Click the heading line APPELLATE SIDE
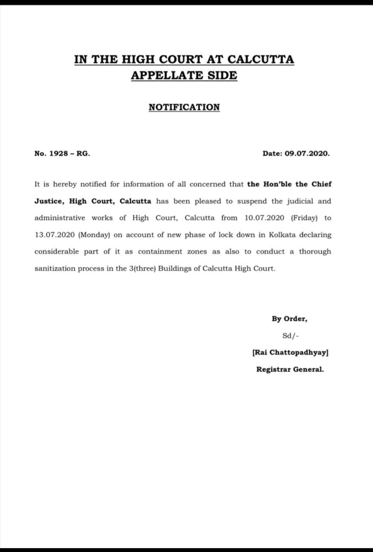coord(184,75)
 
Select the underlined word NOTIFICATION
coord(184,107)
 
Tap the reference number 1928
coord(58,153)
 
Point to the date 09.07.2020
coord(307,153)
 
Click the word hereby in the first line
coord(65,184)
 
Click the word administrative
coord(60,218)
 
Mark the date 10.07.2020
coord(264,218)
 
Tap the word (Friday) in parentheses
coord(304,218)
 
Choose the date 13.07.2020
coord(54,235)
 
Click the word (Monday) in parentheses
coord(94,235)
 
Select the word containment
coord(160,252)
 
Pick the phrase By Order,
coord(289,319)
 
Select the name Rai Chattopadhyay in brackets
coord(290,352)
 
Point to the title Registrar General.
coord(290,369)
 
